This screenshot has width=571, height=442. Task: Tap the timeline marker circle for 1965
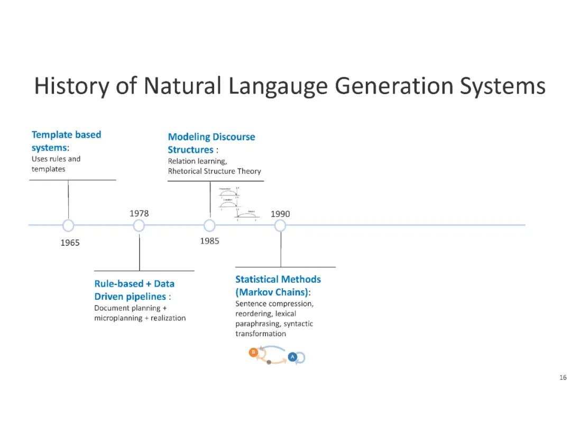[68, 226]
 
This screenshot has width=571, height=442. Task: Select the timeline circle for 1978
[139, 226]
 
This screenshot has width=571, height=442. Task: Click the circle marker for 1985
[210, 226]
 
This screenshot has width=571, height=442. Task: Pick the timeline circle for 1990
[280, 226]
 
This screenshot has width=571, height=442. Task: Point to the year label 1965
[70, 243]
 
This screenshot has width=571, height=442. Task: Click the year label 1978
[139, 214]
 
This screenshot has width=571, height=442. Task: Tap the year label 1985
[209, 241]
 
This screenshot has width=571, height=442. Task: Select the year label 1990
[280, 214]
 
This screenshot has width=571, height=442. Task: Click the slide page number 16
[563, 377]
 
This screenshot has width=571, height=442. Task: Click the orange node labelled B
[253, 352]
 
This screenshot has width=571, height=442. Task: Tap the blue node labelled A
[292, 357]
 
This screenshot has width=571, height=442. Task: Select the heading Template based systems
[66, 141]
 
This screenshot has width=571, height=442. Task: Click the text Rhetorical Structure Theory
[215, 171]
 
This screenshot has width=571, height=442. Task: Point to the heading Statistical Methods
[278, 279]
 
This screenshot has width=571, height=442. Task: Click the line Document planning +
[131, 308]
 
